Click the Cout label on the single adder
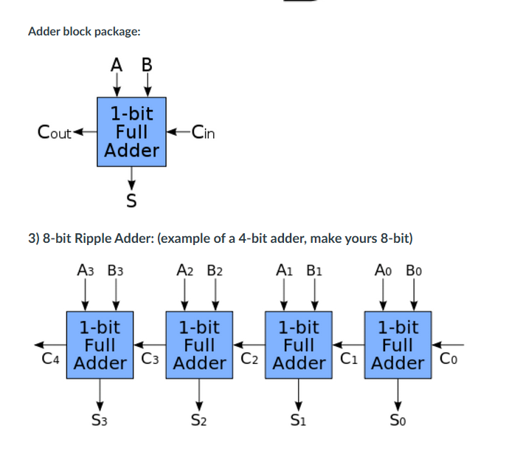click(54, 133)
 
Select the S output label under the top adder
click(132, 199)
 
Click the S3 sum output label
click(100, 422)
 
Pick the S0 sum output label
click(398, 422)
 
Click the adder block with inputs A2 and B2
click(199, 345)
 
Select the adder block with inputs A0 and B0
click(398, 345)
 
